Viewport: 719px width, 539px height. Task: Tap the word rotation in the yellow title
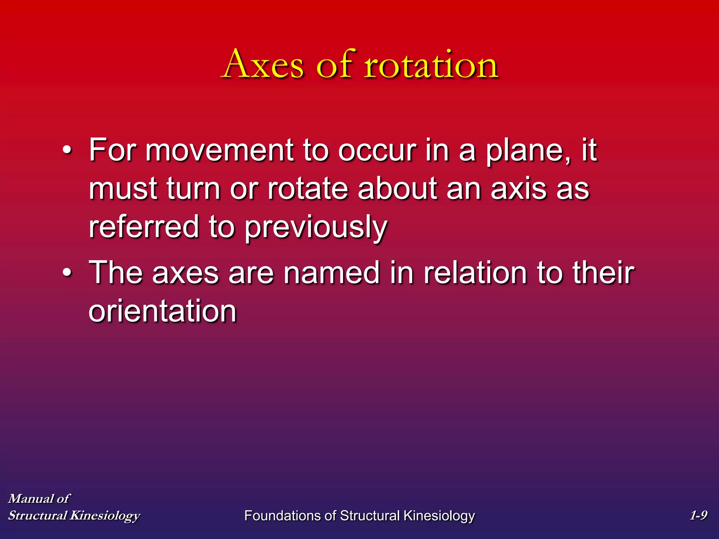(431, 64)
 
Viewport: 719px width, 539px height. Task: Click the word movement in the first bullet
(219, 150)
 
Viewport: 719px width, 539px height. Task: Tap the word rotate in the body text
(308, 189)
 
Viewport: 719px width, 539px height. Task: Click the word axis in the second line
(519, 189)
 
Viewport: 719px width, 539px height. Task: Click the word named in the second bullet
(332, 273)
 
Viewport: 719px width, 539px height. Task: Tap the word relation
(475, 273)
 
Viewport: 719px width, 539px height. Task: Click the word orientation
(163, 311)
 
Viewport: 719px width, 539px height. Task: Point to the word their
(603, 273)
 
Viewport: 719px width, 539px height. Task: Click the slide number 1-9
(698, 515)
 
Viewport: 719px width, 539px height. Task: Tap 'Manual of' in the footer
(39, 498)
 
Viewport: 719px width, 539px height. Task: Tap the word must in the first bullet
(123, 189)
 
